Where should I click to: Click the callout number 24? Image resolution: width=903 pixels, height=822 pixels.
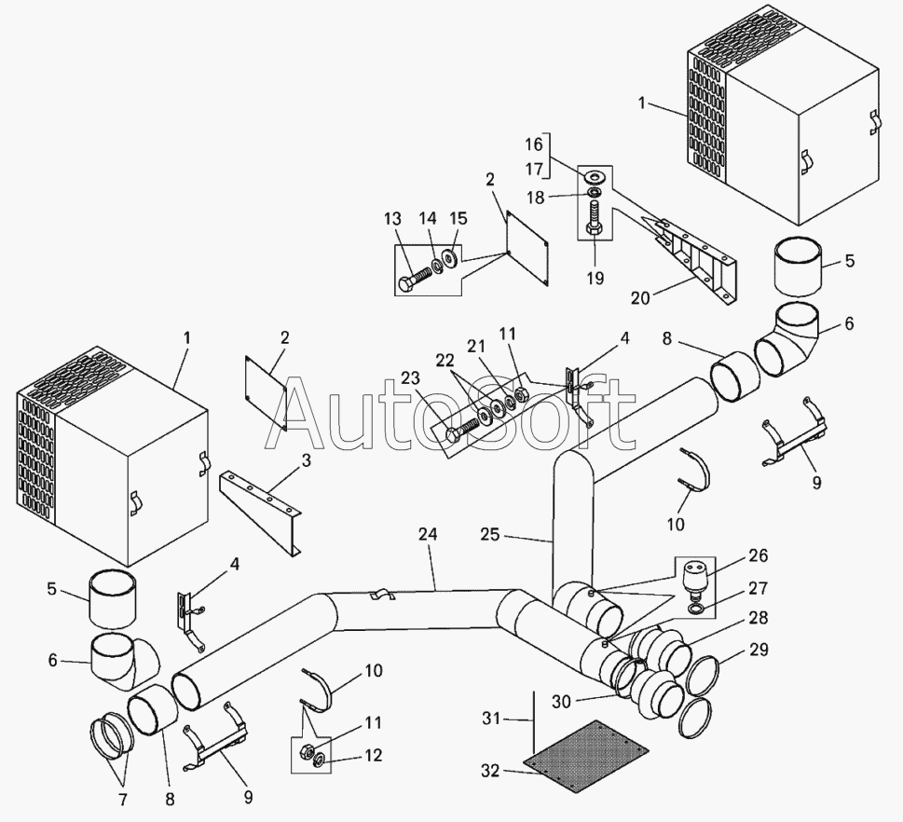tap(428, 534)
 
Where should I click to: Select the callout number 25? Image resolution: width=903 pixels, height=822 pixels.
tap(491, 535)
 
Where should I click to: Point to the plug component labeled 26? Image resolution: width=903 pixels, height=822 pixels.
tap(695, 579)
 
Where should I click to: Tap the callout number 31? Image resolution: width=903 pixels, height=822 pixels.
tap(492, 719)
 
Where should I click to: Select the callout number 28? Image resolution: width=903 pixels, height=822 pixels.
tap(759, 617)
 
